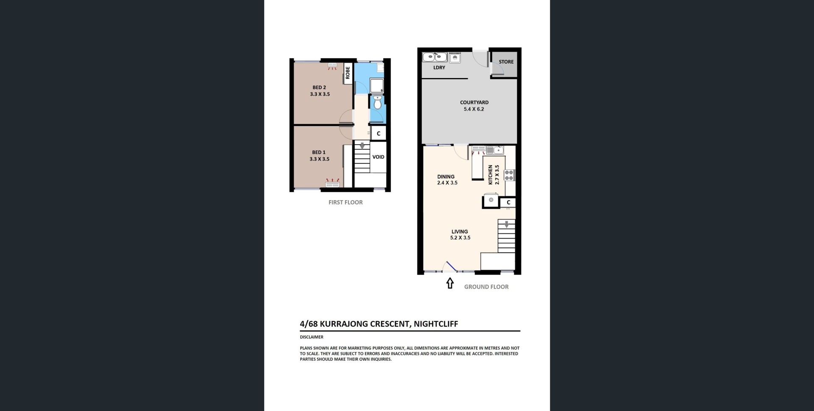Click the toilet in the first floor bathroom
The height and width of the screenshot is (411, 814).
(377, 102)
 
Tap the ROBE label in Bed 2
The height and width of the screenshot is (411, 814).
(348, 73)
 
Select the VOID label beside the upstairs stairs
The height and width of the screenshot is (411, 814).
(378, 157)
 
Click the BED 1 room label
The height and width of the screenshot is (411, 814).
(319, 152)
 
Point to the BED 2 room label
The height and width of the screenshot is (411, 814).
(319, 87)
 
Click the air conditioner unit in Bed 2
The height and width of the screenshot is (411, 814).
(332, 65)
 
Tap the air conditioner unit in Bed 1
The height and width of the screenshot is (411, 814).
(332, 184)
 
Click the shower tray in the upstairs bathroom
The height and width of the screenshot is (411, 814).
(377, 86)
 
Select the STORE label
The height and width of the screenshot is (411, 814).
(506, 62)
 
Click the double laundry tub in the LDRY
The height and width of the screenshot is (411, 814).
(435, 57)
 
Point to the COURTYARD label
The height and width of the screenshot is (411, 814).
(474, 102)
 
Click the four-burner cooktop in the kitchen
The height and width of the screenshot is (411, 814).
(509, 175)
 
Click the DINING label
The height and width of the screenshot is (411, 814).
(446, 176)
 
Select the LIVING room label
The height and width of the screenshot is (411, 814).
(460, 232)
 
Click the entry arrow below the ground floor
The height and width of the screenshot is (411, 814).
(450, 283)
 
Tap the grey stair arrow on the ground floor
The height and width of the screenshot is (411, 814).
(506, 224)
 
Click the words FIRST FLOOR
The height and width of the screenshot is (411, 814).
(346, 202)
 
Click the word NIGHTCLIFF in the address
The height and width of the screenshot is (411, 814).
(436, 324)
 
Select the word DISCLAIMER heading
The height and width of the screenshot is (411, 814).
(312, 337)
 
